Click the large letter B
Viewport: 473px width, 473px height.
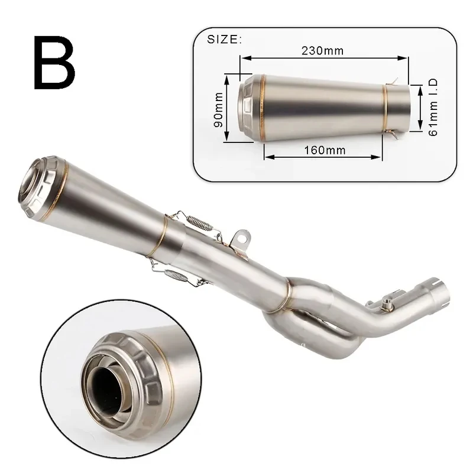click(54, 63)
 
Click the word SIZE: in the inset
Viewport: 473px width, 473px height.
click(224, 40)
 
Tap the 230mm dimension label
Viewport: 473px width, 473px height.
click(322, 51)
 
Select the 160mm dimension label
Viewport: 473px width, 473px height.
click(325, 150)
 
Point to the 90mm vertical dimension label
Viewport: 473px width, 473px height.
click(218, 109)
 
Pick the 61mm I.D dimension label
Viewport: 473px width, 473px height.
click(433, 108)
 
